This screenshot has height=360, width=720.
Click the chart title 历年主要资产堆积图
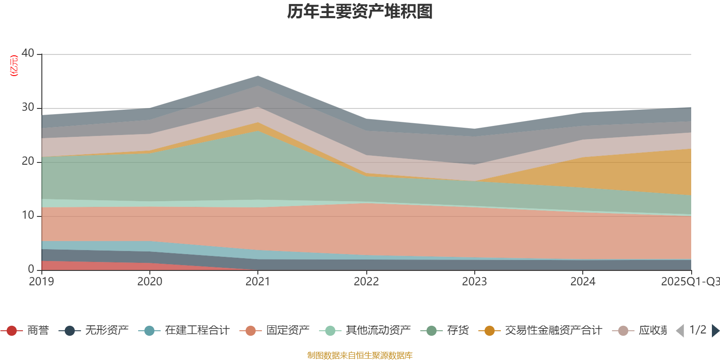tap(360, 12)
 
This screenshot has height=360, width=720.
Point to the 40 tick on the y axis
tap(28, 53)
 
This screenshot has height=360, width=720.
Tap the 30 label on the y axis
tap(28, 107)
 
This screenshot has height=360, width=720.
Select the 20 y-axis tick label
tap(28, 161)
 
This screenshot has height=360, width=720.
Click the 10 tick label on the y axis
tap(28, 215)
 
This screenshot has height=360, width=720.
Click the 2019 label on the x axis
tap(41, 282)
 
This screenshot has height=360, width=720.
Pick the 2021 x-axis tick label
tap(258, 282)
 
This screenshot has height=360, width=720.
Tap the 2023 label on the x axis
tap(474, 282)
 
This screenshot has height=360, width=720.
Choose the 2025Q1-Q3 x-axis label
tap(690, 282)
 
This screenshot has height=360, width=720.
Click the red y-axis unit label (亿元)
tap(14, 66)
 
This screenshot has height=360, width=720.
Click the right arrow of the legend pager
tap(715, 331)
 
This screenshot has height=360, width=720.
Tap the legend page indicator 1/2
tap(697, 330)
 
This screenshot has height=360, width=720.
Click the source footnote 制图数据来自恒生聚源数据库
tap(360, 355)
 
